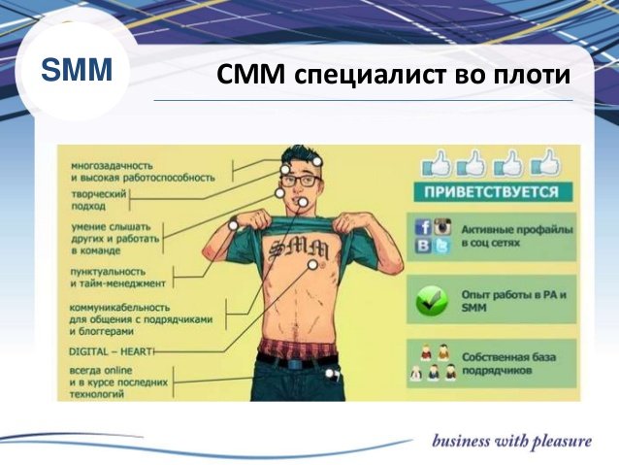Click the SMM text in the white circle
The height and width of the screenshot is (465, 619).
pos(77,70)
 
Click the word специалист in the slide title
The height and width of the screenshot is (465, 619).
pos(369,74)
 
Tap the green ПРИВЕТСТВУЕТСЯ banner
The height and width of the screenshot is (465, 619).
pos(492,192)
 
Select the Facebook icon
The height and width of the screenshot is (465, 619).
pos(424,227)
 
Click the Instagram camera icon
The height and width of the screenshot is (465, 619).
pos(442,227)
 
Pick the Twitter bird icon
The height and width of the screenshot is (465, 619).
pos(441,247)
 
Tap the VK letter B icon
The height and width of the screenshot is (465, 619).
pos(424,246)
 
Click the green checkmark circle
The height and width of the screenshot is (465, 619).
pos(432,301)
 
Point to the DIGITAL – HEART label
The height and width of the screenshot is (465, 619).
pos(111,351)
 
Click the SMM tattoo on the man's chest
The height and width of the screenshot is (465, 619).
pos(298,249)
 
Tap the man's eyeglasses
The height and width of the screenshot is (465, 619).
pos(301,182)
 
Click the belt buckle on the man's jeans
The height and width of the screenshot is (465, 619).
pos(294,363)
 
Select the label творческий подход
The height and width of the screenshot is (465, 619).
pos(99,200)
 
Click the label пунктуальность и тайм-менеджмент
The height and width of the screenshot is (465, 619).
pos(117,278)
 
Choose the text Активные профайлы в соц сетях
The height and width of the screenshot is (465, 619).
pos(517,236)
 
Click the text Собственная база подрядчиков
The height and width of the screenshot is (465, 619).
pos(508,363)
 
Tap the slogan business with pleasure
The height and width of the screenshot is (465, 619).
pos(511,442)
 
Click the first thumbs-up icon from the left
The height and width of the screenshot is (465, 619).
pos(437,163)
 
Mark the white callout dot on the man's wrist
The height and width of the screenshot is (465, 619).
pos(233,225)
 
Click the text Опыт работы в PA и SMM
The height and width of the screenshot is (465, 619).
pos(513,301)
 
